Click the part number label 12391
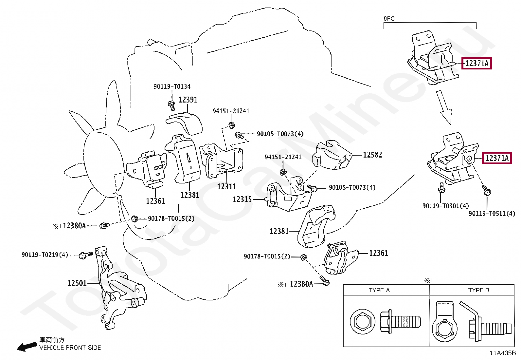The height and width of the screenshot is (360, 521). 188,100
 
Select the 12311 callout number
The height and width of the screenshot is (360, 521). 226,186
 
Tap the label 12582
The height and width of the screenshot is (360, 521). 372,155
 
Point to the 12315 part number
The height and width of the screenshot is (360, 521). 242,199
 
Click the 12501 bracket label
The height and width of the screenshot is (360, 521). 77,283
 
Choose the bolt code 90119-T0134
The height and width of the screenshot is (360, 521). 172,86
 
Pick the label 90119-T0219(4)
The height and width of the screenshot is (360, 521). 45,255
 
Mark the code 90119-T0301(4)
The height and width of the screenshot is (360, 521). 445,206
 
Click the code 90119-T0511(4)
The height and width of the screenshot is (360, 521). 492,214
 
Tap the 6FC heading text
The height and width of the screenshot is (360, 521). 389,19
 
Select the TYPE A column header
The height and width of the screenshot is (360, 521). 379,290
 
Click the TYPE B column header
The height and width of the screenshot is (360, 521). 478,290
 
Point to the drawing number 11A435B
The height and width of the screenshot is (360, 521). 503,353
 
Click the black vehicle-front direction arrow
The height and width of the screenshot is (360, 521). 27,347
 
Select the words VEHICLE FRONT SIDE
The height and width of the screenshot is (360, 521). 70,348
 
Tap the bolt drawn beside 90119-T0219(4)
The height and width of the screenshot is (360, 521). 86,255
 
